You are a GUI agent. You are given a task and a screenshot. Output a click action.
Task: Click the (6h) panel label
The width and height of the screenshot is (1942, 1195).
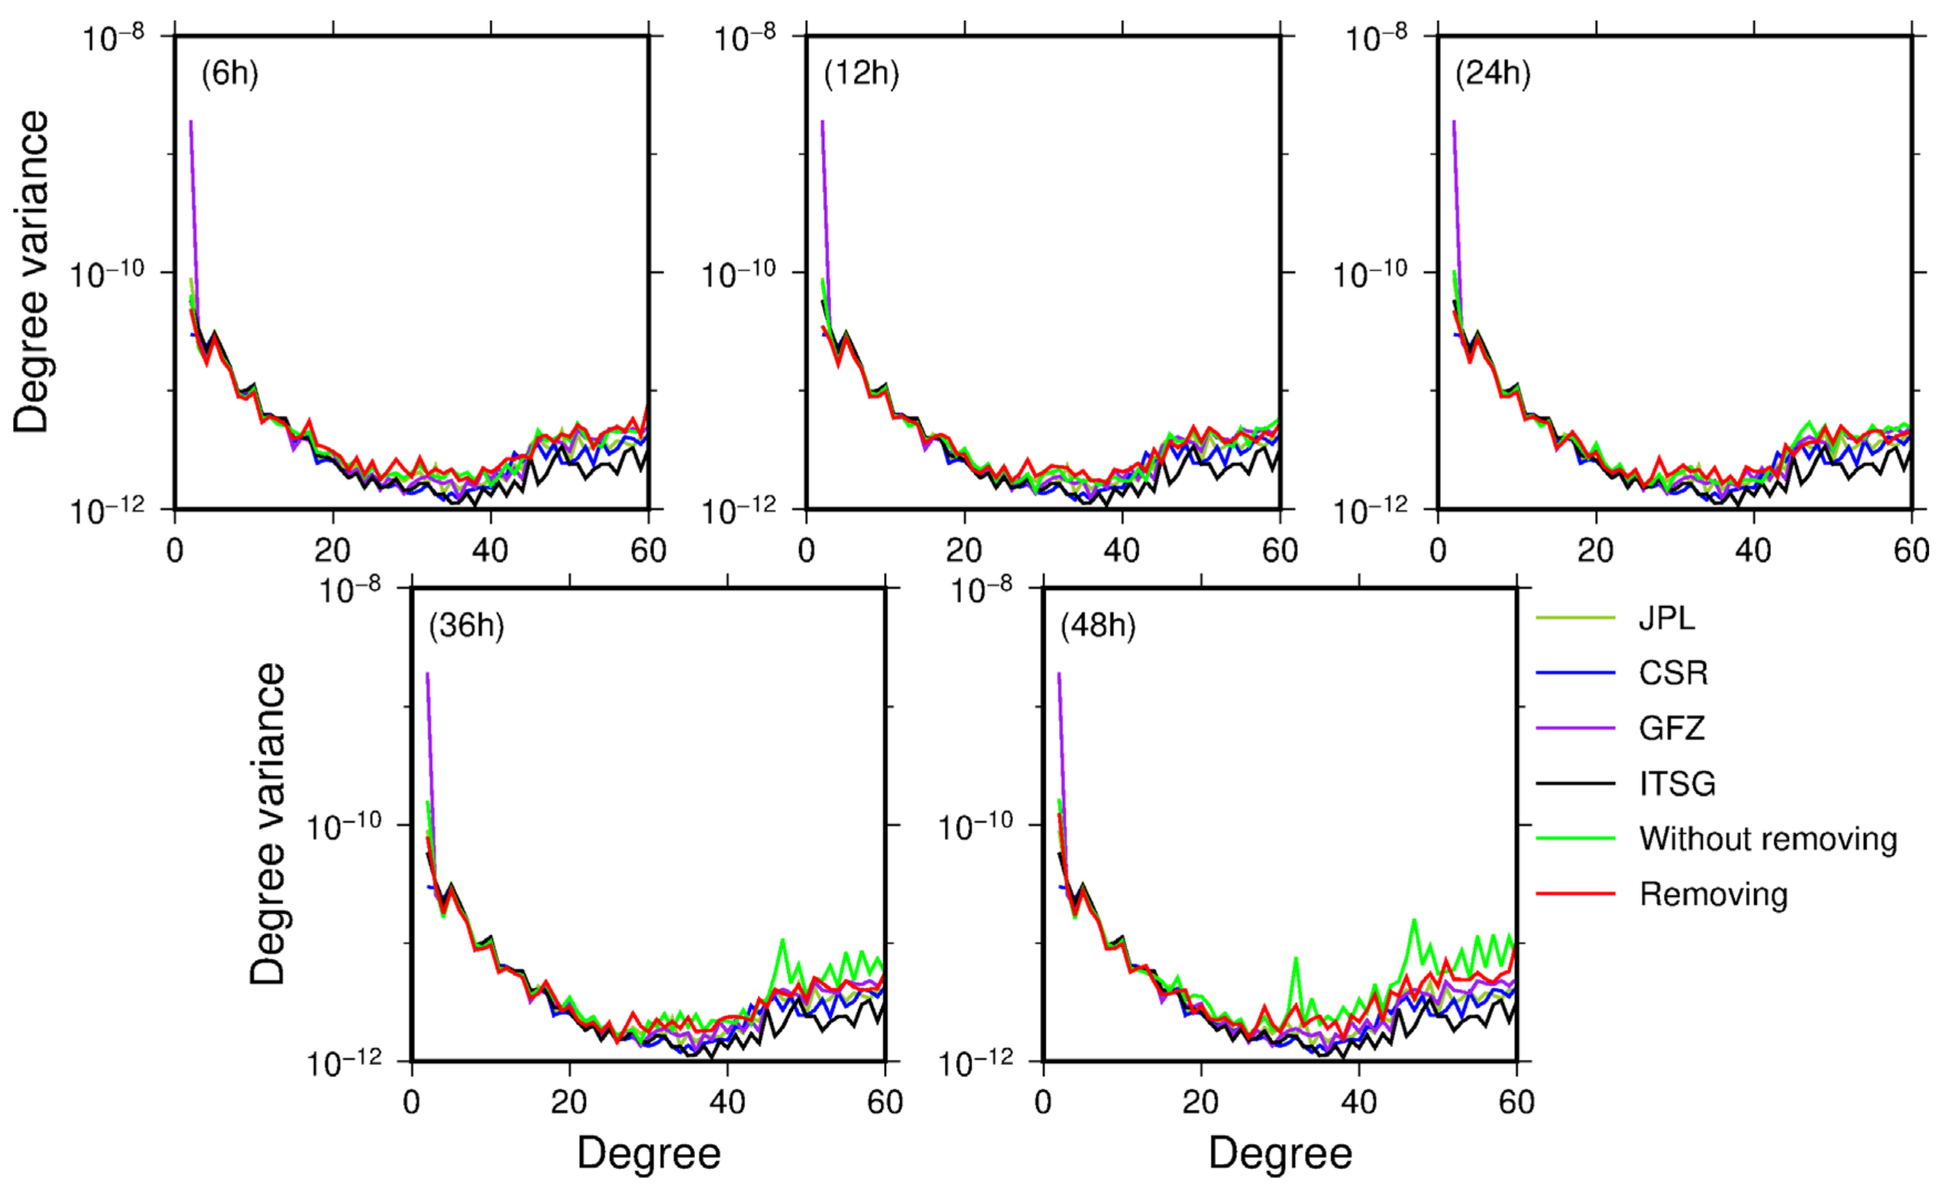229,74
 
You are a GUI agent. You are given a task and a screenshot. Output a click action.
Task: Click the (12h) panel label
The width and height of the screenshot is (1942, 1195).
861,74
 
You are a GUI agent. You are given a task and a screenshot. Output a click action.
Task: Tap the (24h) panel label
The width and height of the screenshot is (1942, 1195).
1492,74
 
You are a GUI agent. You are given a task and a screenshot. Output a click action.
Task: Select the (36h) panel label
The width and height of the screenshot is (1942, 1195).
465,626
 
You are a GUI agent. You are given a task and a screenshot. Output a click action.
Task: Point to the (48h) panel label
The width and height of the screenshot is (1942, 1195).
1097,626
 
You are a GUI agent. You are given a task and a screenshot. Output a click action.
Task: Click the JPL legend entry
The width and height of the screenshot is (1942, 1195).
1667,618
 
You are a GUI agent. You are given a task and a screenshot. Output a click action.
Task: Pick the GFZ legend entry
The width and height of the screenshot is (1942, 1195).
1671,728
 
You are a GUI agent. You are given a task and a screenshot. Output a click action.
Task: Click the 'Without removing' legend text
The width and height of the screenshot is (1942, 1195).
1767,838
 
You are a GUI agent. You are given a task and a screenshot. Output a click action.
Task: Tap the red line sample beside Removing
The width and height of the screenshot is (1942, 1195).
1575,894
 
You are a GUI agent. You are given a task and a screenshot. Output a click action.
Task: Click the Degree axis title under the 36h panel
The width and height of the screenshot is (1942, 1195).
648,1153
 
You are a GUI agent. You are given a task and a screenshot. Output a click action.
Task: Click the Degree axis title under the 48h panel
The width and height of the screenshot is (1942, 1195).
1280,1153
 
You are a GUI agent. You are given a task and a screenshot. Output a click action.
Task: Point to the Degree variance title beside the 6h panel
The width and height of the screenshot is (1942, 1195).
31,271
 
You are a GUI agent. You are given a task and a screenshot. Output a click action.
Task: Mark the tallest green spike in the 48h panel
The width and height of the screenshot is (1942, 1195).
1413,920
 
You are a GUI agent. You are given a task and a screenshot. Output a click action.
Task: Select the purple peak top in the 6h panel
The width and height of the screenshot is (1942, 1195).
190,122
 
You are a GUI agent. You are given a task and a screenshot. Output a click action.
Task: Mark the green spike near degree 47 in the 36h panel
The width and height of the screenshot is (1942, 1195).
782,940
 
